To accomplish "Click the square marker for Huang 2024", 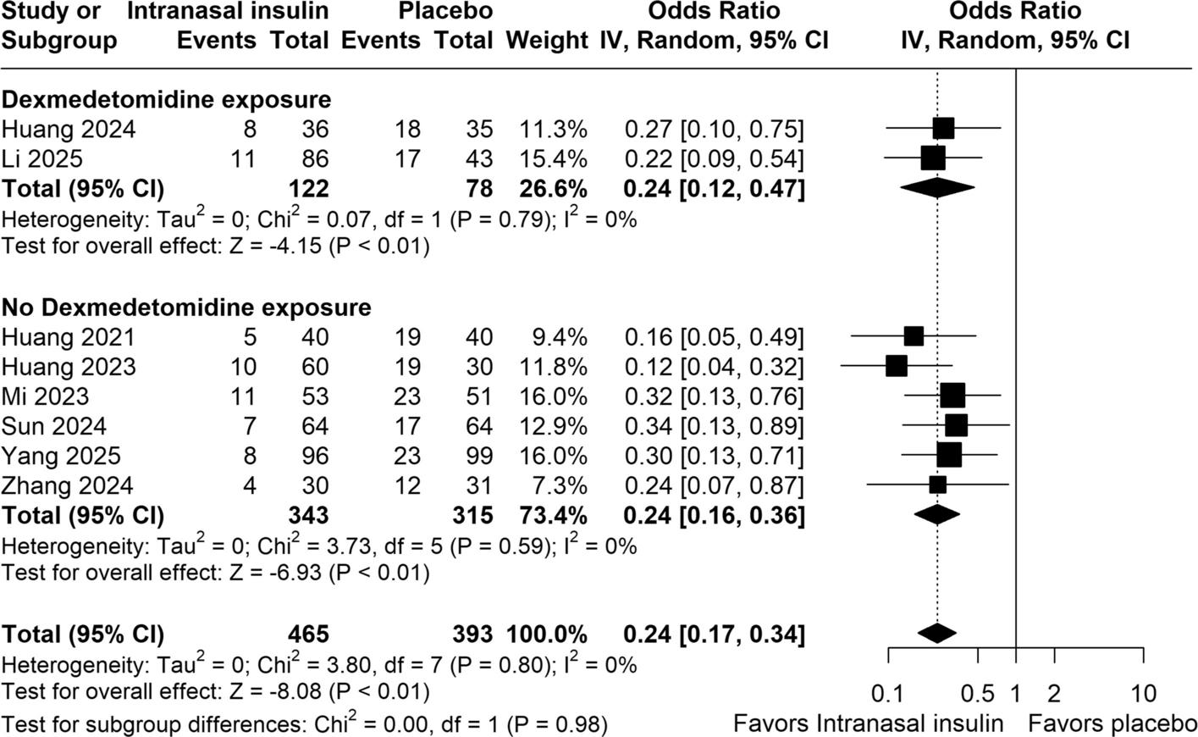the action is pyautogui.click(x=943, y=129).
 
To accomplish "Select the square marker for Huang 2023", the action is pyautogui.click(x=897, y=366).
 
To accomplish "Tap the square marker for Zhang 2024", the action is pyautogui.click(x=937, y=485).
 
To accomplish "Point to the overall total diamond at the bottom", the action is pyautogui.click(x=937, y=633).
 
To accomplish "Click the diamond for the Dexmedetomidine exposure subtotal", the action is pyautogui.click(x=937, y=188).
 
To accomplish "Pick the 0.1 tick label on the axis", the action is pyautogui.click(x=888, y=694).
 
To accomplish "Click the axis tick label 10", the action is pyautogui.click(x=1144, y=694).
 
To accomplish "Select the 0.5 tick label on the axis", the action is pyautogui.click(x=978, y=694).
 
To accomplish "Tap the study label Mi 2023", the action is pyautogui.click(x=45, y=396).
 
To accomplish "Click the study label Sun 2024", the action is pyautogui.click(x=54, y=427).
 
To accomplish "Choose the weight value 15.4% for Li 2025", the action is pyautogui.click(x=553, y=159).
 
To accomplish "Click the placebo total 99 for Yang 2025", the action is pyautogui.click(x=478, y=456).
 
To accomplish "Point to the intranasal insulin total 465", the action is pyautogui.click(x=308, y=634).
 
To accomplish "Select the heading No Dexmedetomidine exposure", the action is pyautogui.click(x=186, y=308).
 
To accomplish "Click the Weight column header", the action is pyautogui.click(x=547, y=40).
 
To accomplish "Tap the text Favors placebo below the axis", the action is pyautogui.click(x=1112, y=723).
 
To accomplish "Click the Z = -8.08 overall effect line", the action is pyautogui.click(x=216, y=691).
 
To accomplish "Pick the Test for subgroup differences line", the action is pyautogui.click(x=304, y=723).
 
